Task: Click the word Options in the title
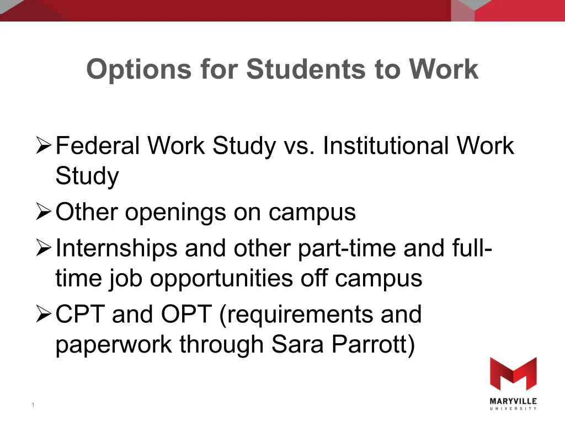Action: pyautogui.click(x=138, y=69)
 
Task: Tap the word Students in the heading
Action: pyautogui.click(x=306, y=69)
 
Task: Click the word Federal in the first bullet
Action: pyautogui.click(x=98, y=145)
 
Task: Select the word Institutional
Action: pyautogui.click(x=386, y=145)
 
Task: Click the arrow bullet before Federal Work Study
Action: pyautogui.click(x=44, y=145)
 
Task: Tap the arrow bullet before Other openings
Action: pyautogui.click(x=44, y=211)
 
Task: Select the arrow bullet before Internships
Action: pyautogui.click(x=44, y=248)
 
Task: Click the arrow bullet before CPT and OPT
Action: pyautogui.click(x=44, y=314)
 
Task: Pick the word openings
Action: pyautogui.click(x=175, y=214)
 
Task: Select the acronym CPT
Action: pyautogui.click(x=80, y=314)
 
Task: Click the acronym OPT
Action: pyautogui.click(x=186, y=314)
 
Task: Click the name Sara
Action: pyautogui.click(x=297, y=344)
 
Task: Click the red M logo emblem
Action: pyautogui.click(x=514, y=374)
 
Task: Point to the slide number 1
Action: pyautogui.click(x=33, y=405)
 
